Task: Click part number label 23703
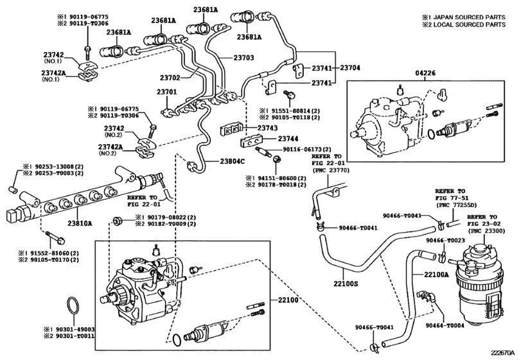tap(243, 58)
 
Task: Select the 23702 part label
tap(170, 78)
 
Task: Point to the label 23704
tap(349, 67)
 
